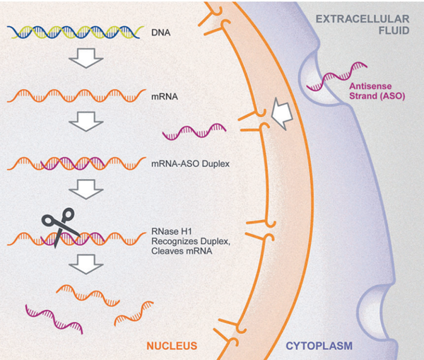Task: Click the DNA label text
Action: (162, 32)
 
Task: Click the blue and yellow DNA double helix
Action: (75, 32)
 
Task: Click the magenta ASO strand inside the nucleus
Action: (194, 131)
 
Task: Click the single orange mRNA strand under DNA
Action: (75, 93)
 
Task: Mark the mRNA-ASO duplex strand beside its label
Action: (75, 164)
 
